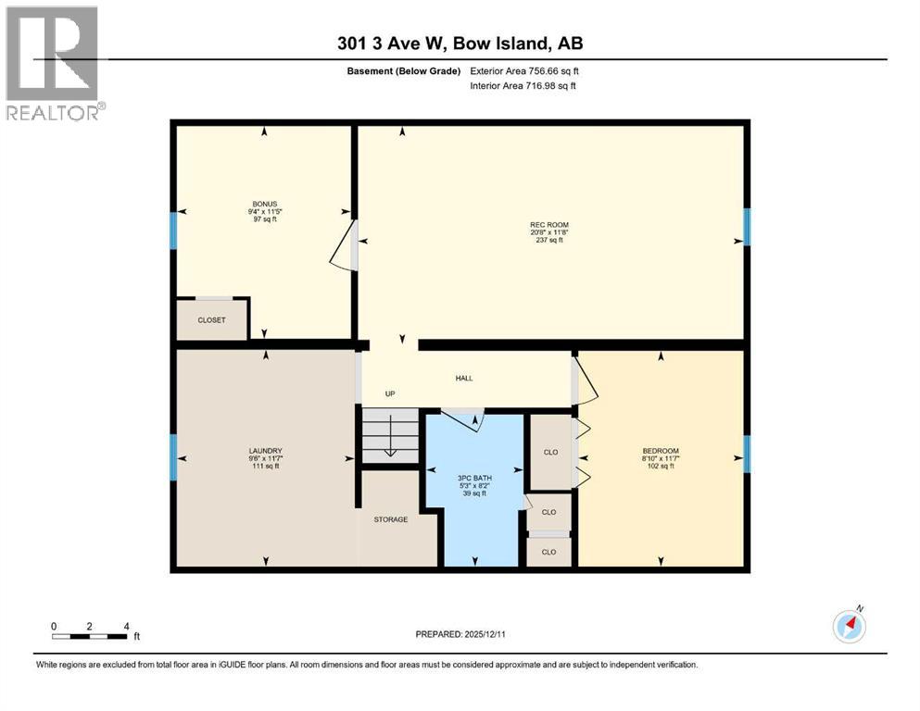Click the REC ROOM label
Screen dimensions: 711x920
[548, 225]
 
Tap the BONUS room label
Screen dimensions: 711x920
[265, 204]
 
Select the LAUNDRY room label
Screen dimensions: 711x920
[265, 450]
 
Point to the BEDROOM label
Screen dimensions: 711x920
[660, 451]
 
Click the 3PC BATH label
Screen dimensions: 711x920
[474, 479]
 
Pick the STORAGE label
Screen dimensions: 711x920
[390, 519]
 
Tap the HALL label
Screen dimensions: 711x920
[464, 379]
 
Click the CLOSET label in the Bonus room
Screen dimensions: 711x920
[211, 320]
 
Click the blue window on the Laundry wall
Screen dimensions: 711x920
[172, 457]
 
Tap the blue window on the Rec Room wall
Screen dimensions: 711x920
[747, 227]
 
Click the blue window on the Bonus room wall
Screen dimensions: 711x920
[172, 230]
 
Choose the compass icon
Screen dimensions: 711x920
[849, 626]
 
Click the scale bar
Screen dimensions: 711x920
[90, 635]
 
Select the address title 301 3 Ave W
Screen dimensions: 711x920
[460, 44]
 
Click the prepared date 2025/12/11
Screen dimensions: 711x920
[460, 634]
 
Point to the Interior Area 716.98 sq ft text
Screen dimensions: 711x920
[523, 86]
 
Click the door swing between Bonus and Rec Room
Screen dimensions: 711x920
[344, 244]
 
